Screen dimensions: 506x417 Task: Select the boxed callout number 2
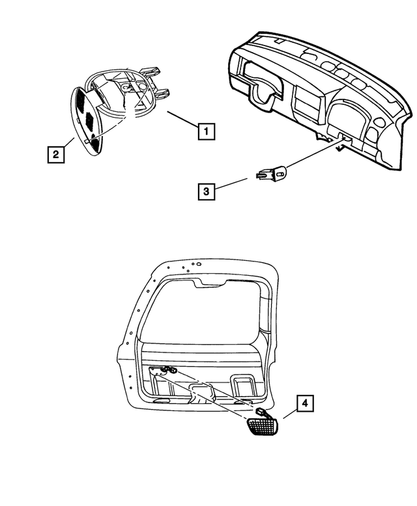56,154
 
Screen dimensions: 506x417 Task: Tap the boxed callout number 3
206,191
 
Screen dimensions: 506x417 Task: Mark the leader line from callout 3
231,184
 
